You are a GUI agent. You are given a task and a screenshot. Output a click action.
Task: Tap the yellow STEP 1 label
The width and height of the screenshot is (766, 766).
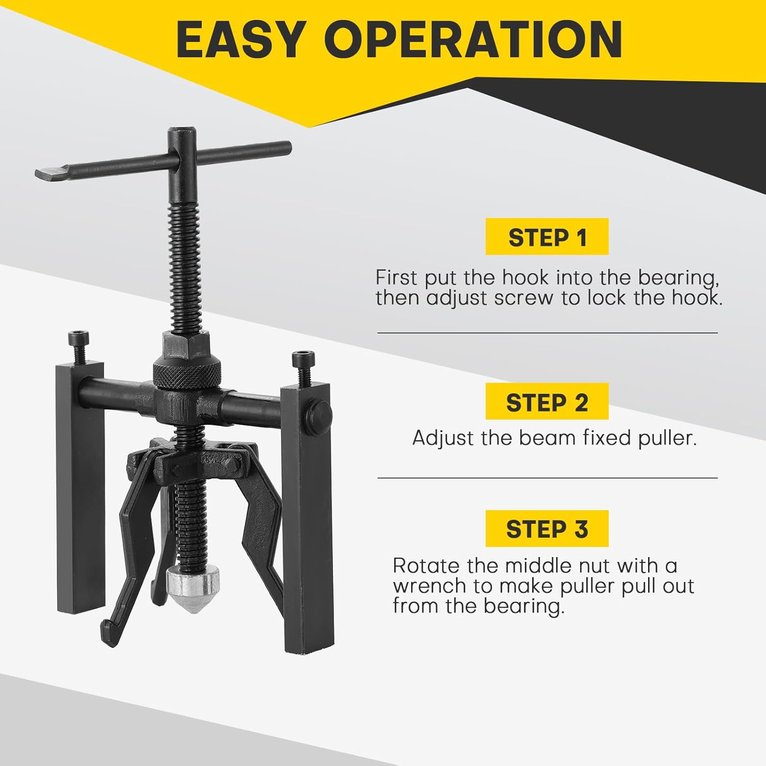[x=547, y=237]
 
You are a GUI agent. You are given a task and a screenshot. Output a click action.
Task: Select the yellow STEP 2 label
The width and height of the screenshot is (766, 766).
[x=547, y=402]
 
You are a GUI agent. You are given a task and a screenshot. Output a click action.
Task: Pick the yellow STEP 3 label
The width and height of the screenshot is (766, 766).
[x=547, y=529]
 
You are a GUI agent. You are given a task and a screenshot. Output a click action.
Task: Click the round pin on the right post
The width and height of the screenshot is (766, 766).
[x=321, y=412]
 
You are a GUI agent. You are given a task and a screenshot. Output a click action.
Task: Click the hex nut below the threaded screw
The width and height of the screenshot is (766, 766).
[x=186, y=344]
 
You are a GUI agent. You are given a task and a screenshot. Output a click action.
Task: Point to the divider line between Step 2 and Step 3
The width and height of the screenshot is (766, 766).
[x=547, y=478]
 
